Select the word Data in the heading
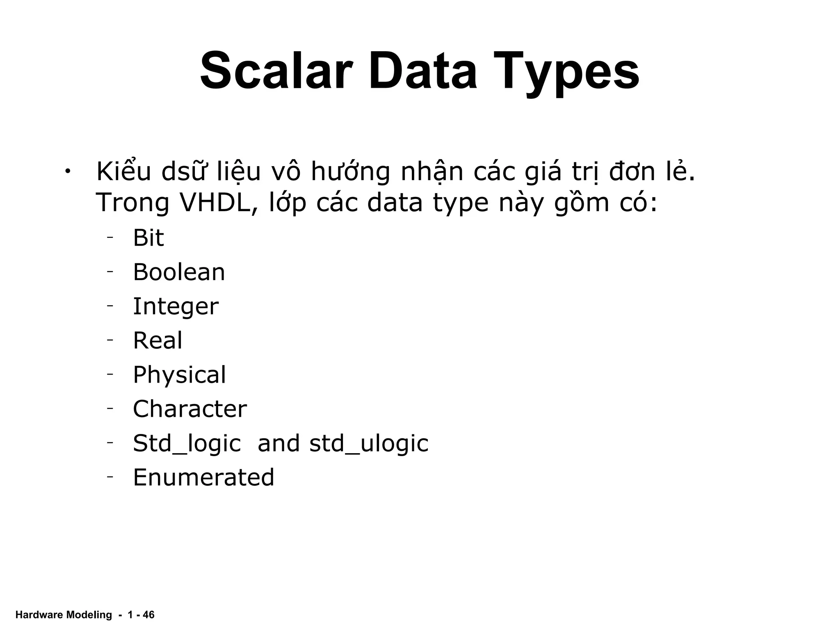click(423, 71)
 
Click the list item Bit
click(148, 237)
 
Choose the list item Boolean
click(179, 272)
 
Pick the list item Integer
click(176, 306)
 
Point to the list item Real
click(157, 340)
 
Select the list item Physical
click(179, 374)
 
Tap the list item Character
click(190, 409)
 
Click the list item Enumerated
click(203, 477)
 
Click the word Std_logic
click(187, 443)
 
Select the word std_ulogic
click(369, 443)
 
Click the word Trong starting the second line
click(132, 203)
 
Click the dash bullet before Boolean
click(110, 272)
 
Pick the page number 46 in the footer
click(148, 615)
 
